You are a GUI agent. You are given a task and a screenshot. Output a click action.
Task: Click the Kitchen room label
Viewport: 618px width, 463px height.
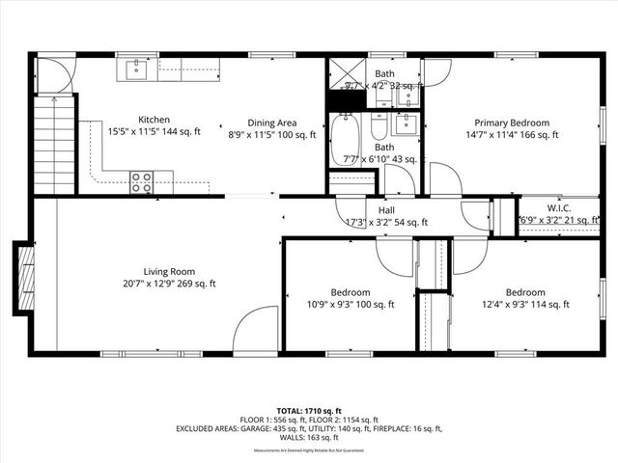(x=154, y=120)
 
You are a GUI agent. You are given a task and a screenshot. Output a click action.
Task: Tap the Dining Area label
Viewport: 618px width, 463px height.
(x=271, y=123)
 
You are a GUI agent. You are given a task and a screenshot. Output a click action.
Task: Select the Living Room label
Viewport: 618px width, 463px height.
(x=170, y=271)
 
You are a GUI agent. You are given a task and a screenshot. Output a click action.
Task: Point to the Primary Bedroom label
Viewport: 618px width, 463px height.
(x=511, y=123)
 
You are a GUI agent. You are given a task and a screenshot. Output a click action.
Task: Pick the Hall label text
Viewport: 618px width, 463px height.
(x=386, y=209)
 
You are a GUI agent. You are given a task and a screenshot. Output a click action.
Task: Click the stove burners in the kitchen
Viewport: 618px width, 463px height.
(x=141, y=177)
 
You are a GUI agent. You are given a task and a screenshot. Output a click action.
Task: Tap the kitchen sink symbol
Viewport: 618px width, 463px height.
(x=137, y=69)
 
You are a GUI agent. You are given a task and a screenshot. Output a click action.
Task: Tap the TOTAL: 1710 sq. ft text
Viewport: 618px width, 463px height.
(x=308, y=410)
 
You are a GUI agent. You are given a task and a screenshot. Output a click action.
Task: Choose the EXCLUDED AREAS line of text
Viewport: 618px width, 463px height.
(x=308, y=428)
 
